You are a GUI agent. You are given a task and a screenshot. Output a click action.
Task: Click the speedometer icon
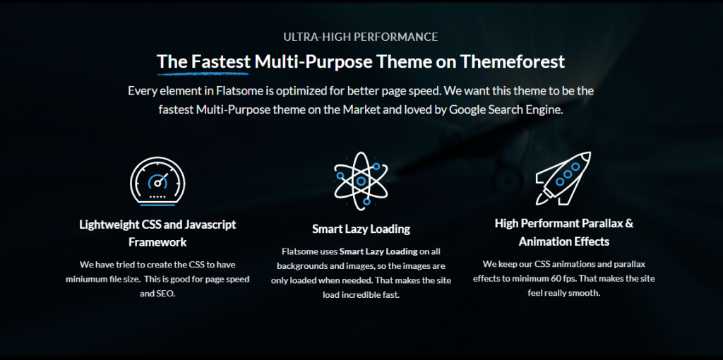point(157,181)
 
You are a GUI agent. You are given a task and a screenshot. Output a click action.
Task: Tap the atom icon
point(361,181)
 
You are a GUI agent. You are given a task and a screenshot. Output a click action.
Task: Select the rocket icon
point(563,179)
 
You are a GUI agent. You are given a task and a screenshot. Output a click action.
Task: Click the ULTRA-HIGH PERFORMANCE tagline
point(361,37)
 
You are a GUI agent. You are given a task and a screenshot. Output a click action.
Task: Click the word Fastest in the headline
point(221,62)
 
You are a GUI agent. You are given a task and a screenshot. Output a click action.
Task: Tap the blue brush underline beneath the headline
point(203,73)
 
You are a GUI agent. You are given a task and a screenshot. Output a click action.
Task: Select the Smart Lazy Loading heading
point(361,229)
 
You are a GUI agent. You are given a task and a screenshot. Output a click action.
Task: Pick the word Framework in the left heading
point(157,242)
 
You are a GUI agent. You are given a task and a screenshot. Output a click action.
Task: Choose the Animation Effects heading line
point(564,241)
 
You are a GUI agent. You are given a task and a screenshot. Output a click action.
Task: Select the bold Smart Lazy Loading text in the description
point(378,252)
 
